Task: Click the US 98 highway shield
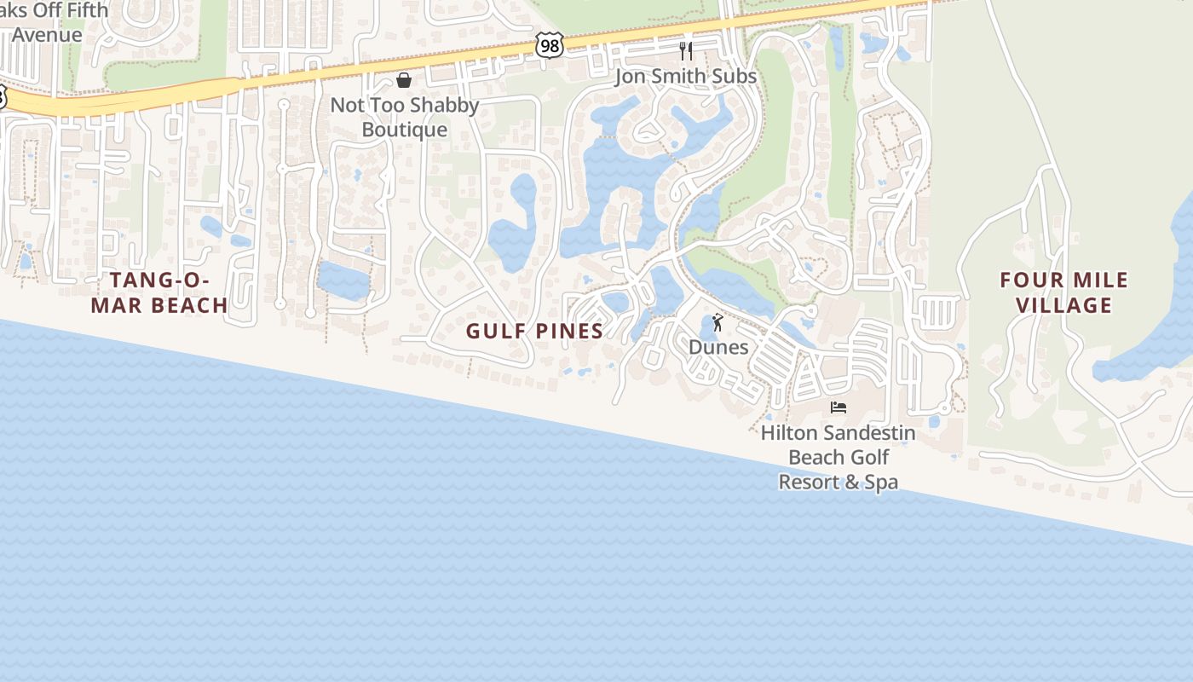pyautogui.click(x=550, y=45)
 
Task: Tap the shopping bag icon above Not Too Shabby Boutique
pyautogui.click(x=404, y=80)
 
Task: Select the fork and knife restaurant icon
pyautogui.click(x=686, y=51)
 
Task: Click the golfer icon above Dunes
pyautogui.click(x=718, y=322)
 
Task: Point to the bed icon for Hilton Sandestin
pyautogui.click(x=839, y=407)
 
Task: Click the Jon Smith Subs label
pyautogui.click(x=686, y=77)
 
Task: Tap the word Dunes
pyautogui.click(x=718, y=347)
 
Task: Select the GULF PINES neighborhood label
pyautogui.click(x=535, y=331)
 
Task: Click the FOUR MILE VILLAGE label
pyautogui.click(x=1064, y=292)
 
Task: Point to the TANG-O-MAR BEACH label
pyautogui.click(x=159, y=292)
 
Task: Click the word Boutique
pyautogui.click(x=405, y=130)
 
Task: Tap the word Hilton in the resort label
pyautogui.click(x=787, y=433)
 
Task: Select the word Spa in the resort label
pyautogui.click(x=882, y=483)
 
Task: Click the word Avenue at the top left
pyautogui.click(x=47, y=35)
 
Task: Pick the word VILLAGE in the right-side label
pyautogui.click(x=1064, y=305)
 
